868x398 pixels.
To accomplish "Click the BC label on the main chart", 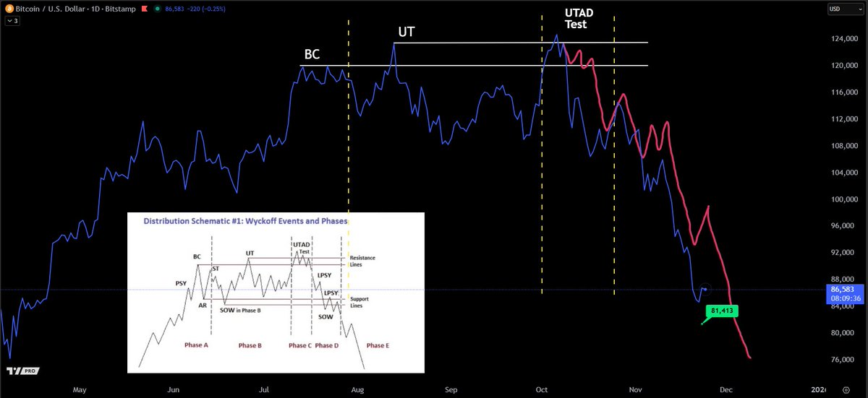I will tap(312, 55).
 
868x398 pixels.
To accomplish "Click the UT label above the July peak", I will tap(407, 33).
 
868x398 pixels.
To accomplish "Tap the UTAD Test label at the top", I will tap(576, 18).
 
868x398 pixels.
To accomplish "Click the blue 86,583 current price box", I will tap(843, 293).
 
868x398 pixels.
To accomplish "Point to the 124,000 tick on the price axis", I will tap(841, 39).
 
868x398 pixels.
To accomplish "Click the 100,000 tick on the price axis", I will tap(841, 199).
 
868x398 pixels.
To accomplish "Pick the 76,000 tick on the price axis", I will tap(841, 360).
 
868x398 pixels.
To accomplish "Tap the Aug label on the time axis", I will tap(357, 389).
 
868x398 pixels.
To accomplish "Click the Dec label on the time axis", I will tap(727, 389).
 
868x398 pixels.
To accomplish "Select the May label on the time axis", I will tap(80, 389).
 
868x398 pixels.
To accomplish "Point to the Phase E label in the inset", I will tap(378, 345).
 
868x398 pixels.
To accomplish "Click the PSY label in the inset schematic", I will tap(181, 283).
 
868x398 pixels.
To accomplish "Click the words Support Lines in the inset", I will tap(359, 302).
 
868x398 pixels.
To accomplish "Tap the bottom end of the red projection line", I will tap(750, 358).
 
